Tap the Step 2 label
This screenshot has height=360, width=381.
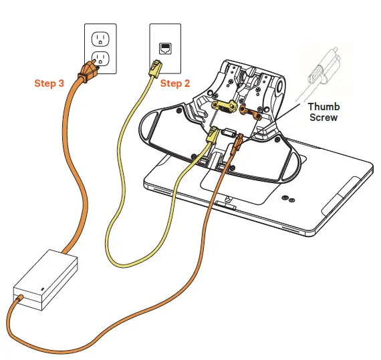(176, 83)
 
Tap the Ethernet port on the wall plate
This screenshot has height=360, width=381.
(164, 47)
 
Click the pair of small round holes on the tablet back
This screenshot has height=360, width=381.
(289, 198)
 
